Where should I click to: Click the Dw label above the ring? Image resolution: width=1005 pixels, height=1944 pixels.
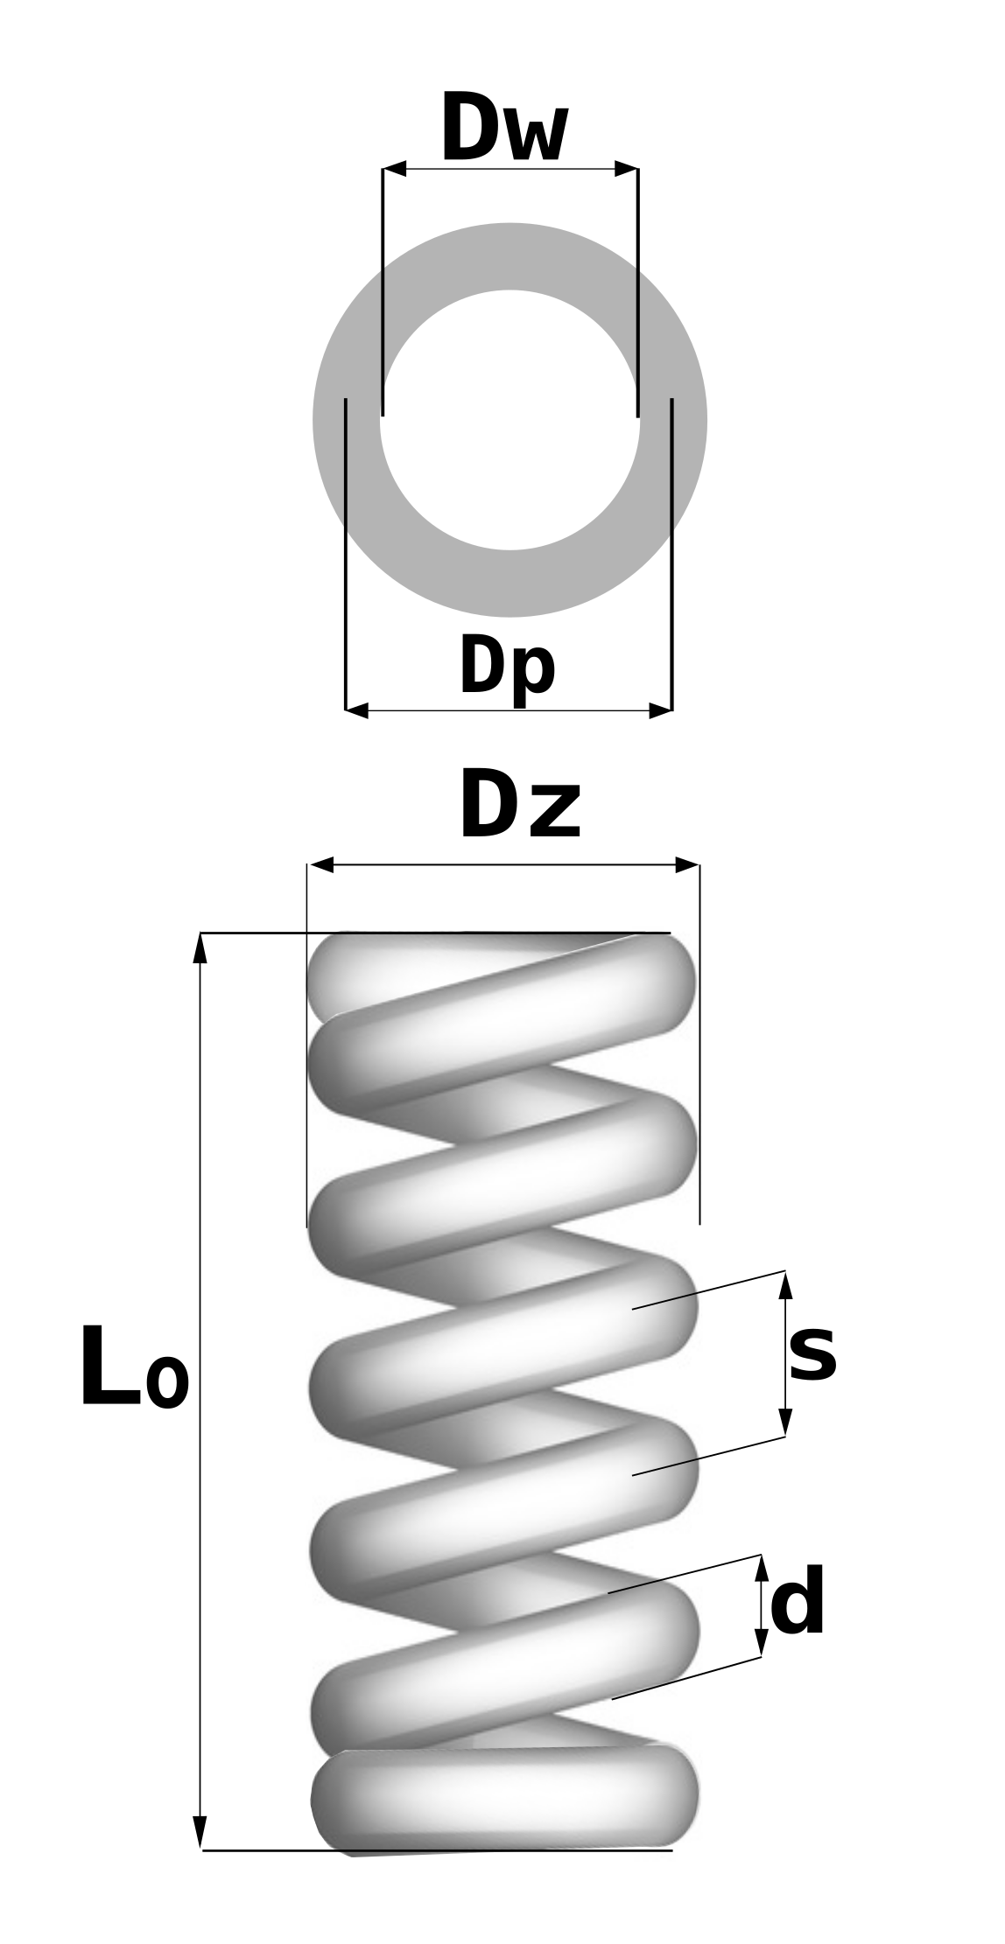[505, 128]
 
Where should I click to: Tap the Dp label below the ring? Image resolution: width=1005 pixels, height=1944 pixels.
[508, 669]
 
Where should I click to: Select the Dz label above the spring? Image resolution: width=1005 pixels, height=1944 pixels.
[520, 806]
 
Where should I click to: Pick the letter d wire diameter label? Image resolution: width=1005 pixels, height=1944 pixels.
[798, 1601]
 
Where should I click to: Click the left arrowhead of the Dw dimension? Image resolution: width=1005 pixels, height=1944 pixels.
[395, 169]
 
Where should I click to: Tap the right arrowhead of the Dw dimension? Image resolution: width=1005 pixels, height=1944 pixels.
[626, 169]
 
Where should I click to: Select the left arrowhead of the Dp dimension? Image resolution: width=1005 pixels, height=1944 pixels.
[357, 710]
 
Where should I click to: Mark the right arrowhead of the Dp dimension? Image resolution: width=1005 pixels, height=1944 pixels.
[660, 710]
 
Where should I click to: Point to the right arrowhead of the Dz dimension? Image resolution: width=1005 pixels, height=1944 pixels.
[687, 865]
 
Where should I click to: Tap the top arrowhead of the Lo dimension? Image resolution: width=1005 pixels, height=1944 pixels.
[200, 948]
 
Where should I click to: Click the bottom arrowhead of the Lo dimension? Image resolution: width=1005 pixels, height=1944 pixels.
[200, 1832]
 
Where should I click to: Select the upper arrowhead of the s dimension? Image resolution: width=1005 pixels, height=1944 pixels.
[785, 1285]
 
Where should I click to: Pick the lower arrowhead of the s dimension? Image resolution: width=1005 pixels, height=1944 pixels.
[785, 1423]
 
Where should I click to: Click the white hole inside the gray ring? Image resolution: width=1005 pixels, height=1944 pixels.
[510, 420]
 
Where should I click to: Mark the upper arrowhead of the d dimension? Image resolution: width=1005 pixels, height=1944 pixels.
[762, 1568]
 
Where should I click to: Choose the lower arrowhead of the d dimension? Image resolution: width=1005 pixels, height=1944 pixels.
[762, 1643]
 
